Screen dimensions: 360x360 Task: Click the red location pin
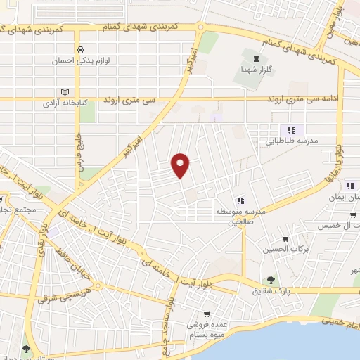click(x=181, y=165)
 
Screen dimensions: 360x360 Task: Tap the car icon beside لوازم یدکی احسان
click(x=82, y=49)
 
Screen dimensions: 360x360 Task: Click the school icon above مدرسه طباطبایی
click(x=290, y=130)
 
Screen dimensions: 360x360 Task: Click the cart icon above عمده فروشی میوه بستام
click(x=206, y=314)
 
